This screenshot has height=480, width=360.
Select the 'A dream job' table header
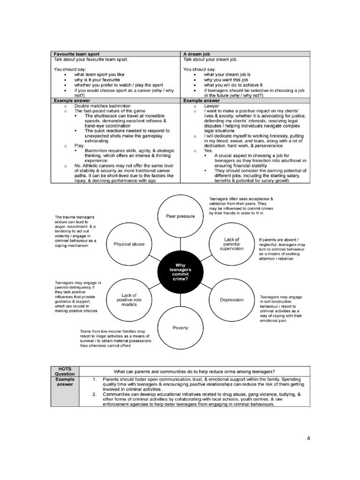tap(197, 54)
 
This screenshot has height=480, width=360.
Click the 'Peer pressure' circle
tap(180, 217)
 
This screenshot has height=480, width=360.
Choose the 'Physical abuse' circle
tap(129, 244)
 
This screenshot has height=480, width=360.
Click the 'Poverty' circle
tap(180, 328)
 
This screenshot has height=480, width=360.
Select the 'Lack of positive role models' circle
tap(129, 300)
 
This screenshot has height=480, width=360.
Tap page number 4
tap(308, 438)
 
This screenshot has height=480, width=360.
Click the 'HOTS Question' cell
tap(65, 371)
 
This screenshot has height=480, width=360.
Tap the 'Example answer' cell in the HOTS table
tap(65, 382)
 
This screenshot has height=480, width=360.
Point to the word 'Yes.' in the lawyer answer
tap(208, 151)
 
